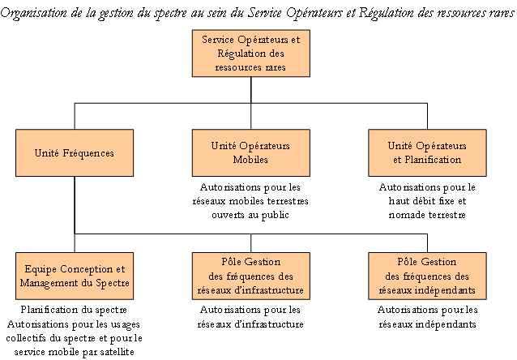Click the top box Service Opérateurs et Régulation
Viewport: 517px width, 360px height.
point(251,54)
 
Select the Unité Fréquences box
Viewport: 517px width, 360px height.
point(75,152)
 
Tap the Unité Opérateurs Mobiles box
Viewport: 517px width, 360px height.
point(251,152)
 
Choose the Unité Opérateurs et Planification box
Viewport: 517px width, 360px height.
point(427,152)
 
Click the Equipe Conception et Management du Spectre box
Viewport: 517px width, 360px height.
point(75,276)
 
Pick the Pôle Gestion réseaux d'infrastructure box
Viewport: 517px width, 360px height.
point(251,276)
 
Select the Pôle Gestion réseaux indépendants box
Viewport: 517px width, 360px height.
point(427,276)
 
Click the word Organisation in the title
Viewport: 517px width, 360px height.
point(34,13)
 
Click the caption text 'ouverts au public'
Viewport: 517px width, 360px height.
point(250,215)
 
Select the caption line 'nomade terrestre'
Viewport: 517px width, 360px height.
point(427,215)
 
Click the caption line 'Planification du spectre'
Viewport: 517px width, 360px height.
point(74,310)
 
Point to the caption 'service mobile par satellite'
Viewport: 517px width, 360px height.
point(75,352)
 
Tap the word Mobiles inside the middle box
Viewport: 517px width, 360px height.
point(250,160)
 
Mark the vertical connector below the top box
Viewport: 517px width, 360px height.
point(251,90)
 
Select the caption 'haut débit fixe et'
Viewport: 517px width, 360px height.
point(427,201)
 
